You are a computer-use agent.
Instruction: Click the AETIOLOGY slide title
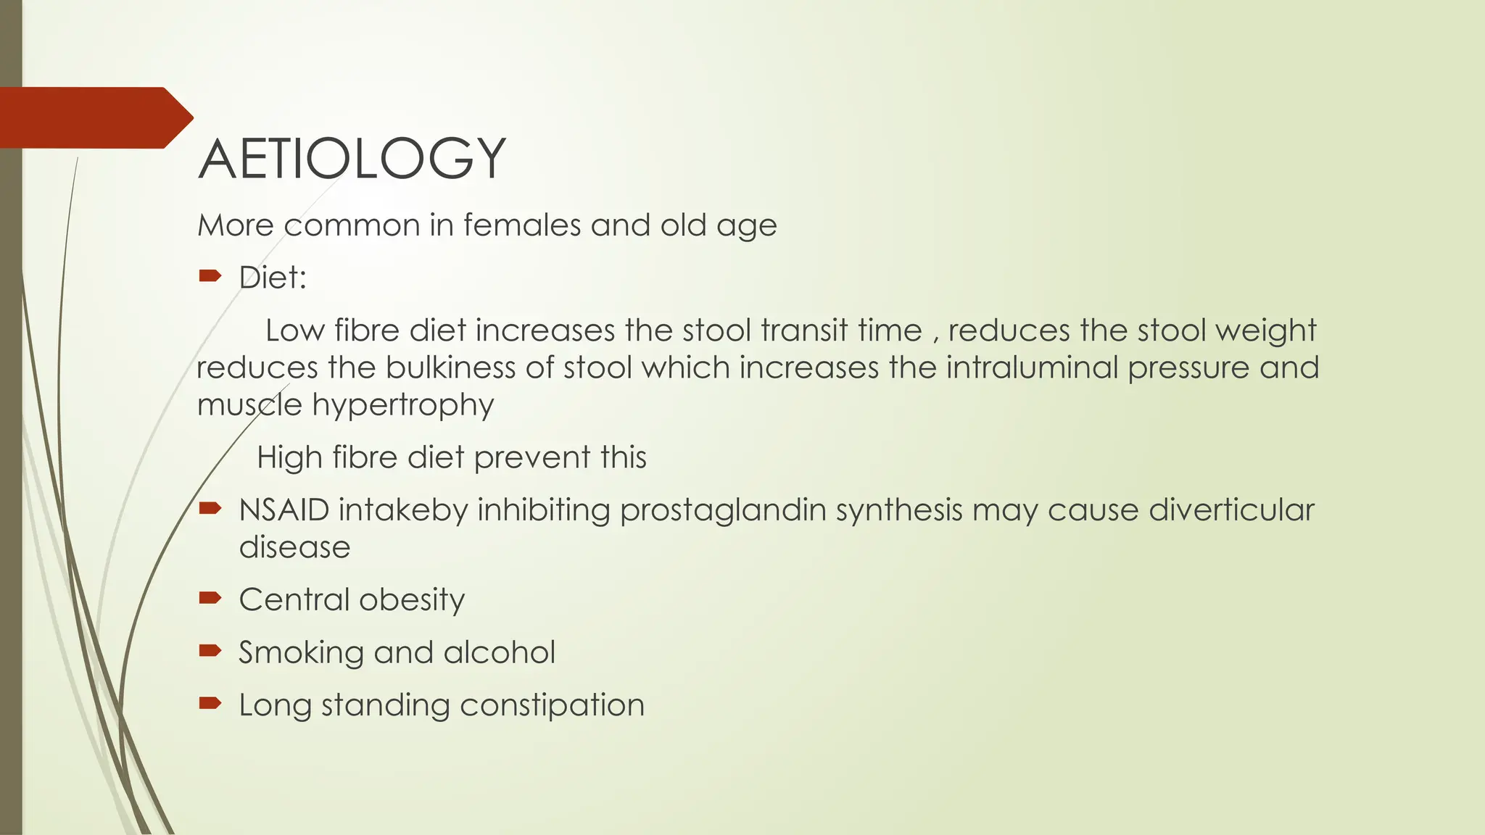[352, 159]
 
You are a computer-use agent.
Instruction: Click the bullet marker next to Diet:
[210, 275]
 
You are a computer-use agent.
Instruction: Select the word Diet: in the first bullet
[273, 278]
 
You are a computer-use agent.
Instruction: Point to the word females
[522, 225]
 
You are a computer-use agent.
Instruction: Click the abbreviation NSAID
[284, 510]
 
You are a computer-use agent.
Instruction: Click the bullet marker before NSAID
[210, 508]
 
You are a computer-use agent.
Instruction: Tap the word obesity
[412, 601]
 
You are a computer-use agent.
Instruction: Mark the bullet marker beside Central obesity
[210, 597]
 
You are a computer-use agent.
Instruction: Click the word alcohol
[500, 652]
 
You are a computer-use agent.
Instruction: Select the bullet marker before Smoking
[210, 650]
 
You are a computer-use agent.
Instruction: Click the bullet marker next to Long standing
[210, 702]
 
